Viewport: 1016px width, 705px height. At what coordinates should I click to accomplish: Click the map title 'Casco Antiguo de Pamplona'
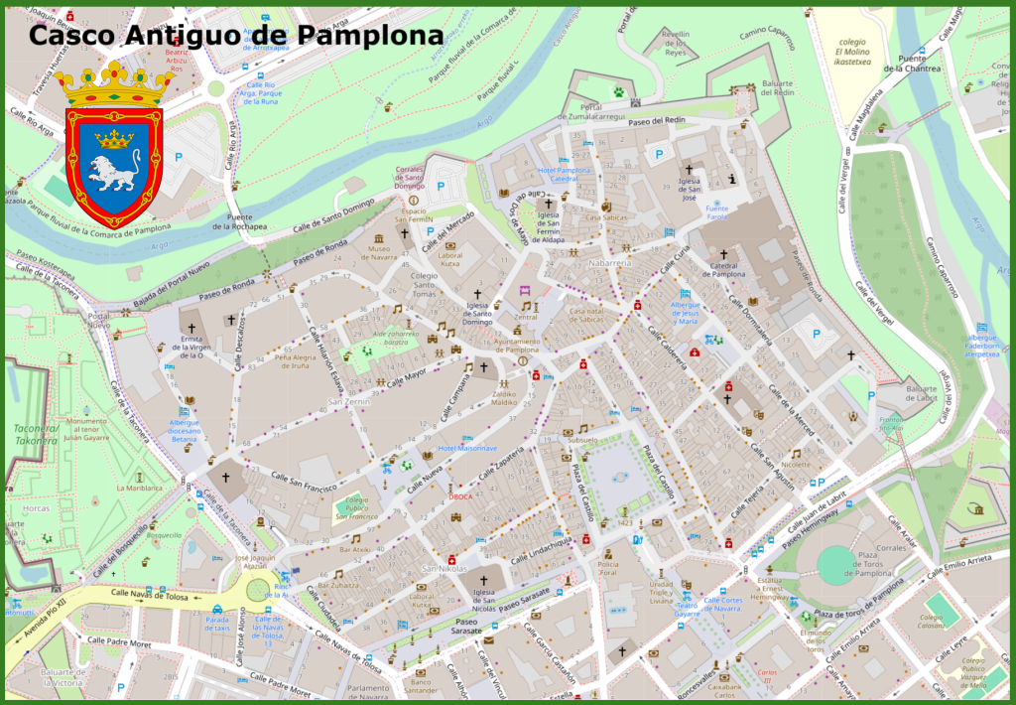tap(235, 35)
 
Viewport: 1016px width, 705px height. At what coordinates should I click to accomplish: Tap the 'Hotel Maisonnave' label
tap(467, 449)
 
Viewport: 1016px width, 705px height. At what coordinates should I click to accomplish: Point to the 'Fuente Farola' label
tap(716, 212)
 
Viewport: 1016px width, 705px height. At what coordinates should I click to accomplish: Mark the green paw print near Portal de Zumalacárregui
tap(619, 91)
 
